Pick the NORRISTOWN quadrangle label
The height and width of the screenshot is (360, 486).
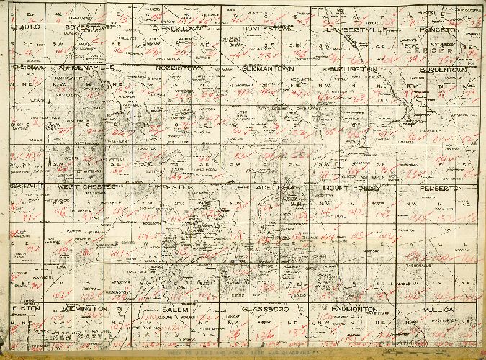pos(180,68)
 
